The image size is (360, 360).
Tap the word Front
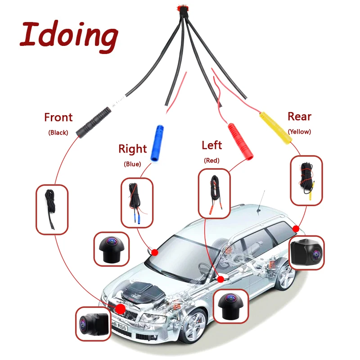[58, 117]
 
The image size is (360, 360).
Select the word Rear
[299, 117]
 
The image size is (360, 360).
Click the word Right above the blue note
[132, 148]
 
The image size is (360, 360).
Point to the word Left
[212, 145]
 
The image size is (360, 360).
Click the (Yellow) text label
[299, 132]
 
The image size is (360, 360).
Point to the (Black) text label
[58, 133]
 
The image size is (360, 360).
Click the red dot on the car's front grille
[121, 309]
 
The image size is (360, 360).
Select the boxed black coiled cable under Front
[52, 209]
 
